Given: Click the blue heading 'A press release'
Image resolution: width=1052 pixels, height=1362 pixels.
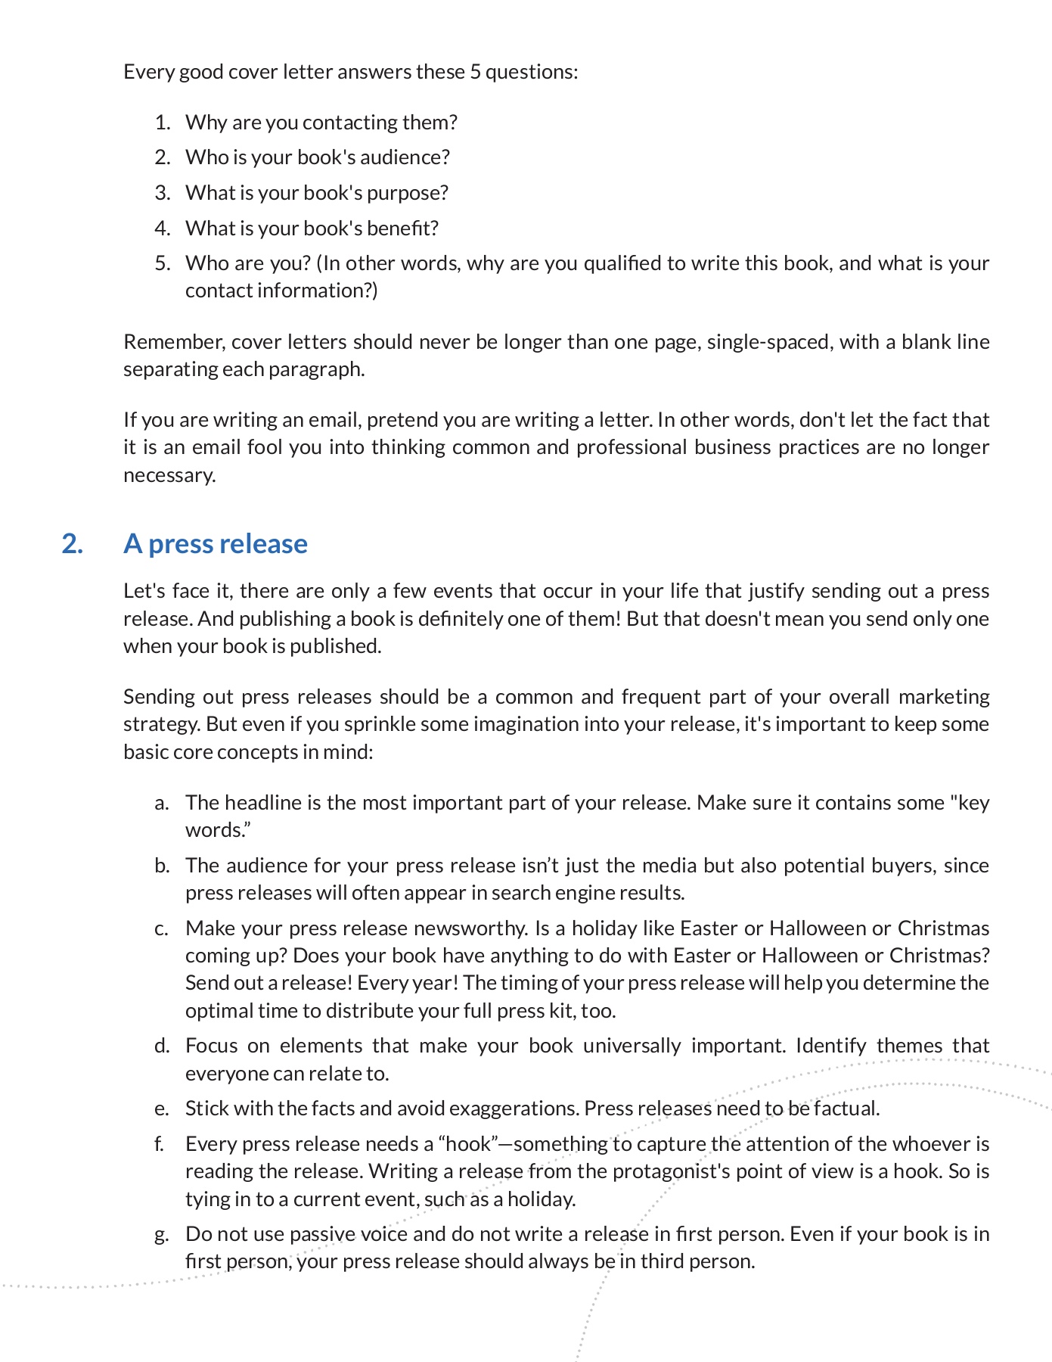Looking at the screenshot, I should click(x=216, y=544).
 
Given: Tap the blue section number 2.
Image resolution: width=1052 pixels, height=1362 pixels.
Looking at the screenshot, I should click(x=72, y=544).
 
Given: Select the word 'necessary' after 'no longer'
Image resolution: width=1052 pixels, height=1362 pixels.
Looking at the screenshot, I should click(x=169, y=475).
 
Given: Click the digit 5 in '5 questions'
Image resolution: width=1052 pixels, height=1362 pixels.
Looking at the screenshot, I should click(x=475, y=72).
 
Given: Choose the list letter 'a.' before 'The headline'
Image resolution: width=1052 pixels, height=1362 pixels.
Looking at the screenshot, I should click(x=162, y=803).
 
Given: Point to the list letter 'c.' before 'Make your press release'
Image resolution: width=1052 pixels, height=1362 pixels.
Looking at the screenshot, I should click(x=162, y=928).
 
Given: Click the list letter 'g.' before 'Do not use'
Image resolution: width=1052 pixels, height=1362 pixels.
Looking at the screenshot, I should click(x=162, y=1234).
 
